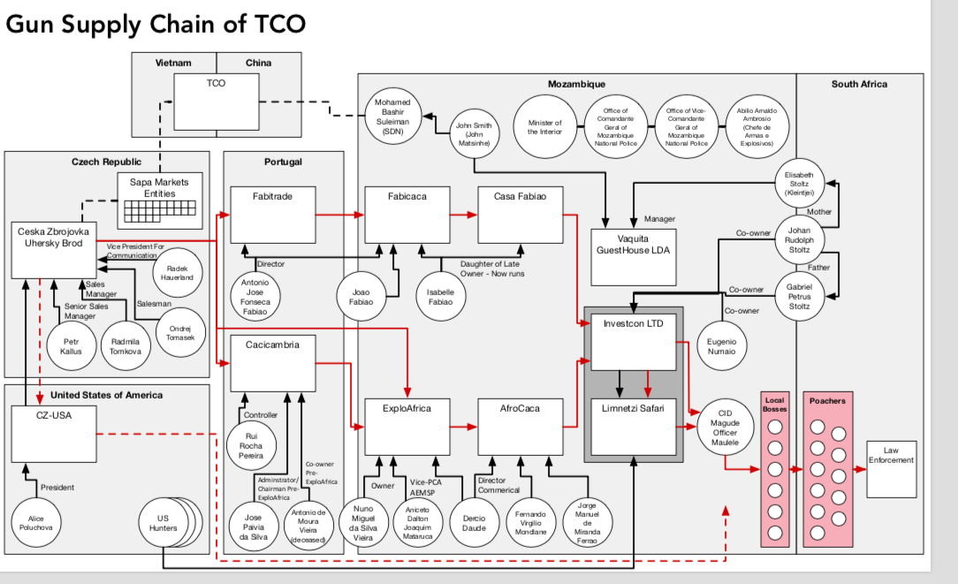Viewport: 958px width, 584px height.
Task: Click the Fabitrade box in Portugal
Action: (272, 215)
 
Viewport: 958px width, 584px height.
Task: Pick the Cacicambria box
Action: (272, 363)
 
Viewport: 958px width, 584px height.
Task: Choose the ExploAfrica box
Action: (407, 427)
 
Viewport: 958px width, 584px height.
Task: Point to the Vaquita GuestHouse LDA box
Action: (633, 257)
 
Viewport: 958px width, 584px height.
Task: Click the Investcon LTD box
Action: (633, 341)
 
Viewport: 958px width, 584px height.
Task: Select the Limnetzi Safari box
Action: (633, 427)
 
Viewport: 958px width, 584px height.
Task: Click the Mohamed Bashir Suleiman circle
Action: (393, 116)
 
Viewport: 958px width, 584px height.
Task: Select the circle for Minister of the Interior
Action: (544, 126)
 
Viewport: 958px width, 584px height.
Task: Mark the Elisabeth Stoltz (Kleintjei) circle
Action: (799, 184)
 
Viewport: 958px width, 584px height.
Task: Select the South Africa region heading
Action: (859, 84)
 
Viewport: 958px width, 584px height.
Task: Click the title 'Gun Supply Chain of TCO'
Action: (156, 24)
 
